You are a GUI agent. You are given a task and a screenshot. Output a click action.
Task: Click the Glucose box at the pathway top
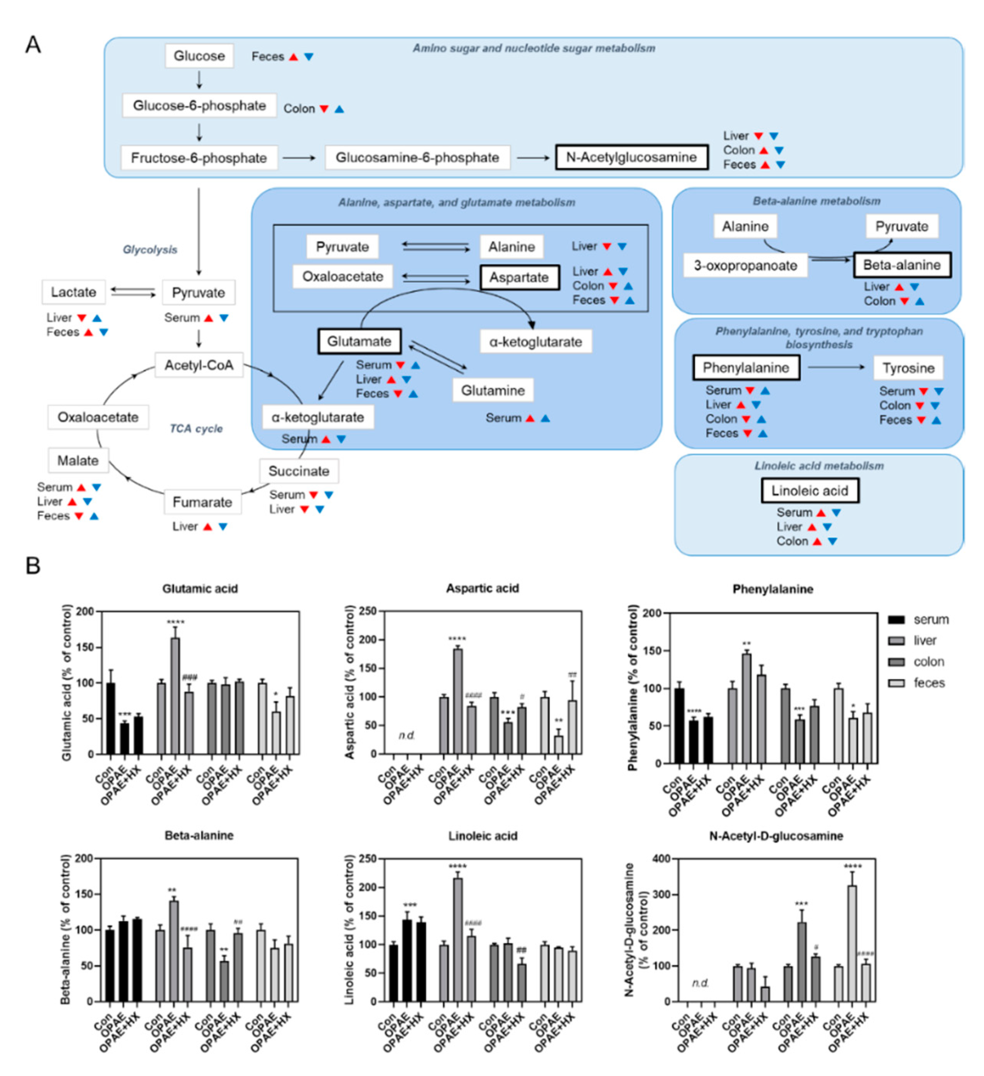(x=199, y=56)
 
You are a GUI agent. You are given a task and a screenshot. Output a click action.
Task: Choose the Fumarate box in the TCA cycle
(x=202, y=502)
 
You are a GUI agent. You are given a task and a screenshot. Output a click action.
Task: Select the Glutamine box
(x=493, y=391)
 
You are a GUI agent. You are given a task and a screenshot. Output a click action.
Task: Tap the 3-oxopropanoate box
(x=745, y=265)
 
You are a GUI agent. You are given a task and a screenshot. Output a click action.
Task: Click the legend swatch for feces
(x=896, y=683)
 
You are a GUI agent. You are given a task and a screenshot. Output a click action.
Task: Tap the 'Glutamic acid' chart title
(x=200, y=589)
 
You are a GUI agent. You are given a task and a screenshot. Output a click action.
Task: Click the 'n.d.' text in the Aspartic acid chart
(x=407, y=735)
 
